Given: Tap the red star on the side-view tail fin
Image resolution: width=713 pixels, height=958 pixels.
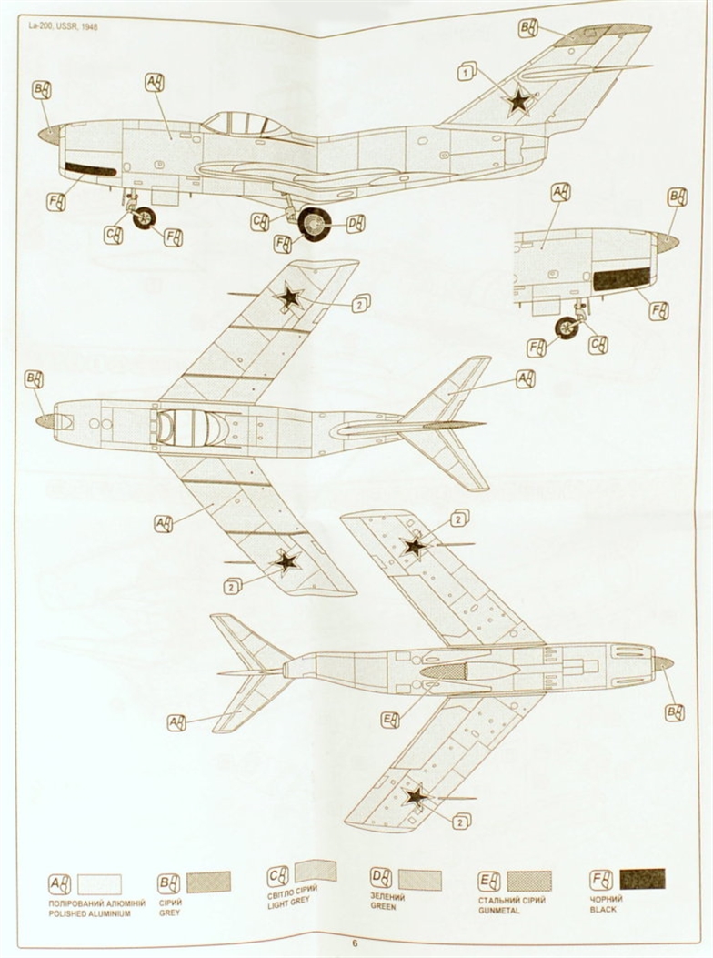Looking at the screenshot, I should pyautogui.click(x=518, y=100).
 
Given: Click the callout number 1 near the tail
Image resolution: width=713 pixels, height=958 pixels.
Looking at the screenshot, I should pyautogui.click(x=467, y=70).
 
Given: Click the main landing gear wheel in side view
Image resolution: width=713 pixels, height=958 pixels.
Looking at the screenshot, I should pyautogui.click(x=315, y=224).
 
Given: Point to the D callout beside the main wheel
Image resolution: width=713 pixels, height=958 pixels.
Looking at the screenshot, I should pyautogui.click(x=356, y=224).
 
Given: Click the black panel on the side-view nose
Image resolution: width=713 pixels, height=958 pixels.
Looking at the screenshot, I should pyautogui.click(x=91, y=169).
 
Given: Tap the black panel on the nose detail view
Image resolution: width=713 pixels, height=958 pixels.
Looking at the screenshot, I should pyautogui.click(x=622, y=279).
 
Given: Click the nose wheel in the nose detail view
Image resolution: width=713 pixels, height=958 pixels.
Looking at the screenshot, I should pyautogui.click(x=567, y=328).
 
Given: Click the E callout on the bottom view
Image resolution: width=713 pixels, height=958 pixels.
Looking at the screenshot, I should pyautogui.click(x=391, y=720).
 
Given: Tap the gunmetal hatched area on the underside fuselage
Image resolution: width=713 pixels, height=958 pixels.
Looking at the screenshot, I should pyautogui.click(x=446, y=671).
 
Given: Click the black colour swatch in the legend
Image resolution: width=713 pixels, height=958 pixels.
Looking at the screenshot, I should pyautogui.click(x=642, y=879).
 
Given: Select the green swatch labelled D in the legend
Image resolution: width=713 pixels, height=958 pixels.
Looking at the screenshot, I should pyautogui.click(x=419, y=880).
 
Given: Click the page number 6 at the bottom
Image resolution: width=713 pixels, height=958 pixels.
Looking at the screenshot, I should pyautogui.click(x=356, y=943).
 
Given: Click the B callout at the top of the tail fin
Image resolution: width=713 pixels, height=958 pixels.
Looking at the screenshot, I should pyautogui.click(x=528, y=28).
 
